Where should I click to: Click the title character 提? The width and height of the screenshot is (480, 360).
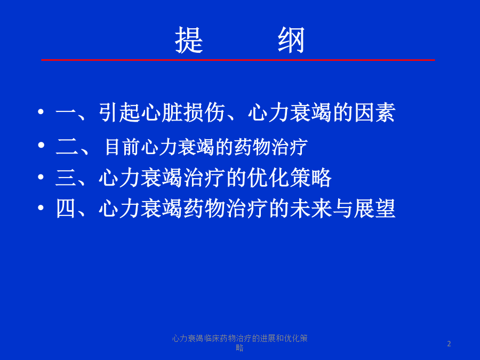pos(189,40)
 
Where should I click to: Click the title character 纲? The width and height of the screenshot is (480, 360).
pos(291,40)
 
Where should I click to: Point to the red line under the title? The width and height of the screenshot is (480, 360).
pos(238,60)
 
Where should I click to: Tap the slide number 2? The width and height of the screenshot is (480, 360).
pos(449,344)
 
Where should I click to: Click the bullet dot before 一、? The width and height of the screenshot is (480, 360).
pos(41,112)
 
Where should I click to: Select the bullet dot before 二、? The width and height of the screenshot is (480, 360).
pos(41,145)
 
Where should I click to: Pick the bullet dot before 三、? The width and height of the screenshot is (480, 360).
pos(41,177)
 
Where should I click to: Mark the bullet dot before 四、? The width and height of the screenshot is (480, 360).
pos(41,208)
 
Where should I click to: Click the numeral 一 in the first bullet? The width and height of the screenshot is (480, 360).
pos(66,113)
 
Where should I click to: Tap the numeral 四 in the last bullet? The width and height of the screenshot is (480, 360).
pos(66,209)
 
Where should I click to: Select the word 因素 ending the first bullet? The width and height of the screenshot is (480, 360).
pos(375,113)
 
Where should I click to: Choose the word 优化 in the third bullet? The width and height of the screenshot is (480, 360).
pos(268,178)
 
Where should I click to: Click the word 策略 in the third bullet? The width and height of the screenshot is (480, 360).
pos(310,178)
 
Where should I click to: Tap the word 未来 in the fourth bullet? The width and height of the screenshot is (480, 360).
pos(311,209)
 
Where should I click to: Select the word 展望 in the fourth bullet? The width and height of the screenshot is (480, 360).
pos(374,209)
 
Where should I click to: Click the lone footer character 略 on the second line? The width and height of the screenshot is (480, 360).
pos(239,348)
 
